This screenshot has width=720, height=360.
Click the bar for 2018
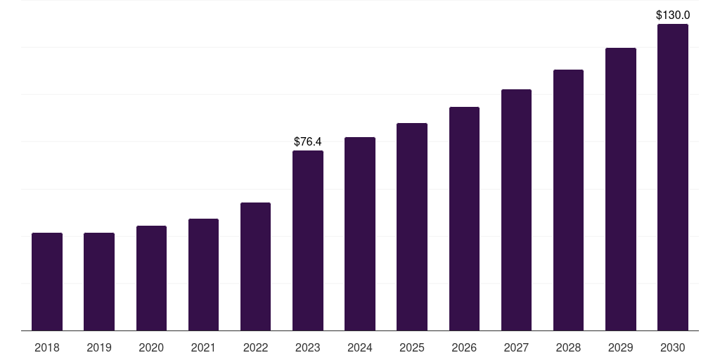coord(47,281)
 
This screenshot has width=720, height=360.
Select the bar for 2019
coord(99,281)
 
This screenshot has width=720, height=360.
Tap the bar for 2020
coord(151,278)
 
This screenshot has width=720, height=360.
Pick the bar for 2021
coord(203,274)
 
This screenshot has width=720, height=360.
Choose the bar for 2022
coord(255,266)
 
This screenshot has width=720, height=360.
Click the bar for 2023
coord(308,240)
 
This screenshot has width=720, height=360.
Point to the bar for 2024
coord(360,233)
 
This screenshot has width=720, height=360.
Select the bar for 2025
coord(412,226)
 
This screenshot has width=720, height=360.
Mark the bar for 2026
coord(464,219)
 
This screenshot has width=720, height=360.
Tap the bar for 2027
coord(516,210)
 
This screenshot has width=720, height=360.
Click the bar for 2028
coord(568,200)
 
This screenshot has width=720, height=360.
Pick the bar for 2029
coord(621,189)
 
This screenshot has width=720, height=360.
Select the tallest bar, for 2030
coord(673,177)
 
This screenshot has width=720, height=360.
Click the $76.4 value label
coord(308,142)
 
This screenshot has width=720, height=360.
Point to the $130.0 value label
coord(673,15)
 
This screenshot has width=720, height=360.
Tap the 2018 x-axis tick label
coord(47,347)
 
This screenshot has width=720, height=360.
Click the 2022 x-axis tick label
coord(255,347)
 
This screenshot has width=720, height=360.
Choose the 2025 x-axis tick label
coord(412,347)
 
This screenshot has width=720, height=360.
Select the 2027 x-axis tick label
coord(516,347)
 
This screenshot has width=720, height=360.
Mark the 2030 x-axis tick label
coord(673,347)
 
